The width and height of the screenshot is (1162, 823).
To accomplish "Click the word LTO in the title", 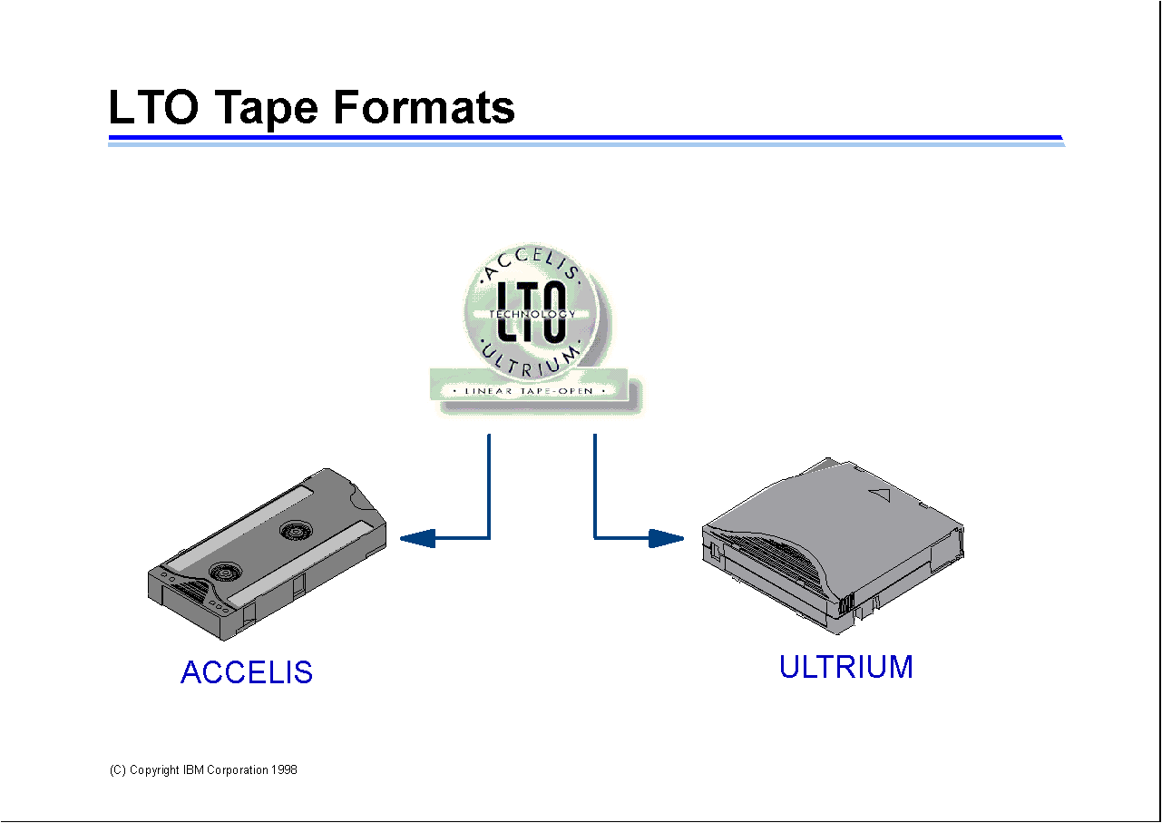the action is click(x=153, y=107).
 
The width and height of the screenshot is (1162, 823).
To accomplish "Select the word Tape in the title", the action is click(x=266, y=109).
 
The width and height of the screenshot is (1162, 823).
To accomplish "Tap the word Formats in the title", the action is click(x=424, y=107).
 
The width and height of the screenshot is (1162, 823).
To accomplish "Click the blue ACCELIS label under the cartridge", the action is click(x=247, y=672).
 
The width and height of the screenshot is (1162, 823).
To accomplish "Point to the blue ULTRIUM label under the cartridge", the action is click(x=846, y=667).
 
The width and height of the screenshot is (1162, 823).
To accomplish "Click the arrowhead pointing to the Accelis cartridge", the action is click(x=417, y=538).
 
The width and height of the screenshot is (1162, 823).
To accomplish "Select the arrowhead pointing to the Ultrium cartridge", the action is click(x=666, y=538).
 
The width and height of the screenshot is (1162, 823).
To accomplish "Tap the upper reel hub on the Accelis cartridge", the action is click(x=296, y=532).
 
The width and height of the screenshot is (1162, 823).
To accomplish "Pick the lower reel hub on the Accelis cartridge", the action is click(x=225, y=573).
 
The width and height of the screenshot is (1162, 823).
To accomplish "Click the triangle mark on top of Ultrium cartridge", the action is click(x=880, y=495).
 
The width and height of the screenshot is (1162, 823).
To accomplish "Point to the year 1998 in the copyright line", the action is click(x=284, y=769).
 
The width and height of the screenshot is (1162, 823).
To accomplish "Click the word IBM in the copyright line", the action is click(x=193, y=769).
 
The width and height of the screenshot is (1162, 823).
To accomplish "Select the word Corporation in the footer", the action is click(x=237, y=770).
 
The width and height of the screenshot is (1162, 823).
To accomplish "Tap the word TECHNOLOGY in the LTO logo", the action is click(x=532, y=314).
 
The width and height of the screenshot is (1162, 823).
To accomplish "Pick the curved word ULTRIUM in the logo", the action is click(x=530, y=359).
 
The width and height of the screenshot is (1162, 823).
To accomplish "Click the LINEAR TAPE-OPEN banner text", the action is click(x=529, y=391).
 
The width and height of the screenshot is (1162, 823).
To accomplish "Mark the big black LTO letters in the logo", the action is click(x=532, y=311).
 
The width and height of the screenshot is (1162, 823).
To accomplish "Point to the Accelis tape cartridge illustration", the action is click(x=268, y=554).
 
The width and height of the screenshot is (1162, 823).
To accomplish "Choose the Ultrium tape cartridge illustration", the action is click(x=833, y=546).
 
